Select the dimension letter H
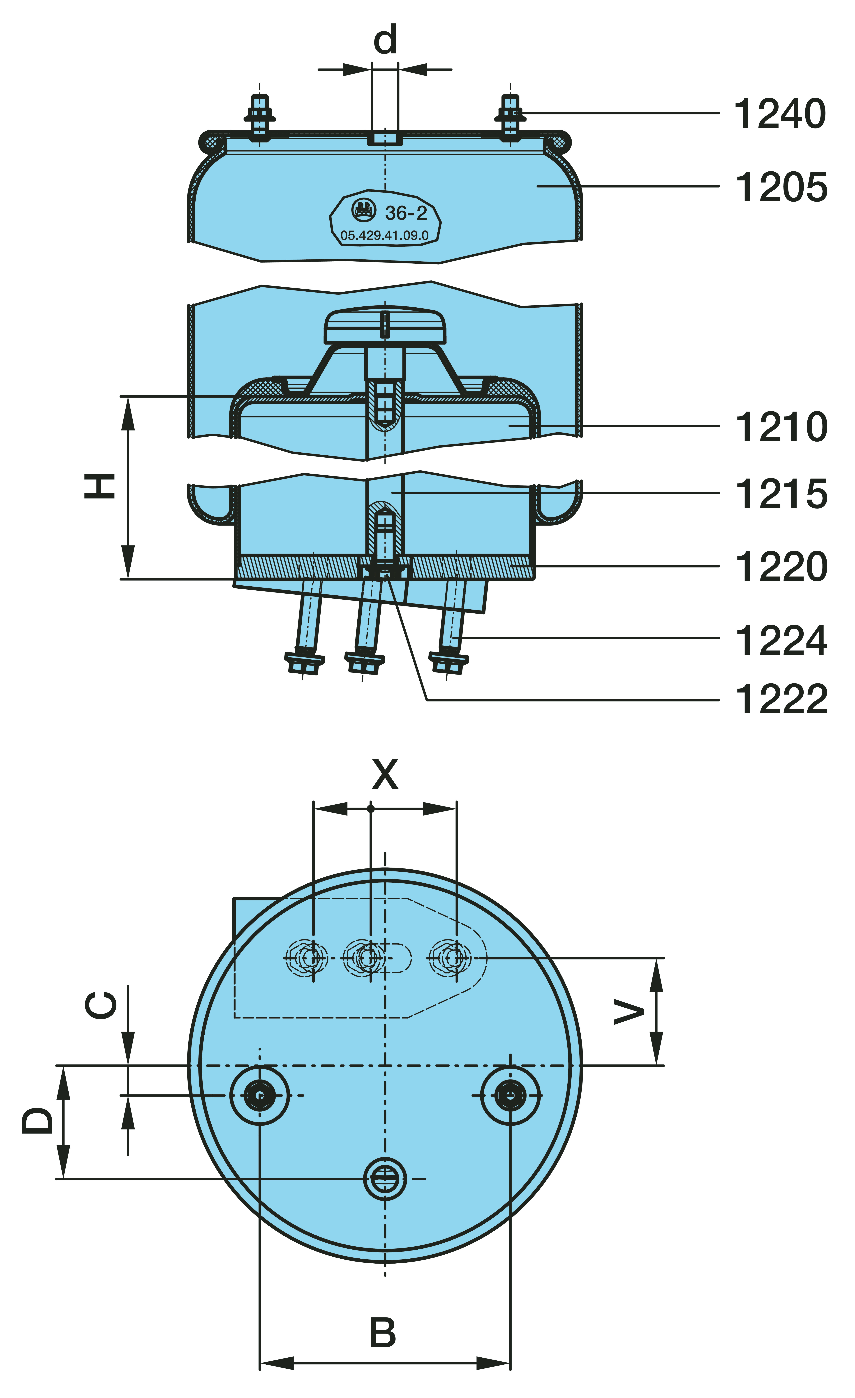[x=100, y=486]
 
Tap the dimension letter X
[x=385, y=774]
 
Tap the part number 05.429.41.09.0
[x=385, y=235]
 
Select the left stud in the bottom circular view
[x=259, y=1095]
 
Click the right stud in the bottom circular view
[x=510, y=1095]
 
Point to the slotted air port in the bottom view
[x=385, y=1179]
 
